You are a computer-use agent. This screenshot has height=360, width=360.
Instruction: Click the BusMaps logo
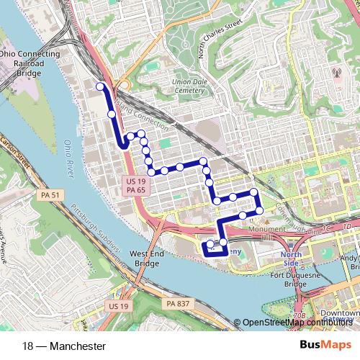coord(325,346)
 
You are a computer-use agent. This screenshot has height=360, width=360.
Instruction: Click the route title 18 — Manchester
coord(64,346)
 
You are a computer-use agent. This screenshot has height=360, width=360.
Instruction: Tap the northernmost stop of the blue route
coord(99,87)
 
